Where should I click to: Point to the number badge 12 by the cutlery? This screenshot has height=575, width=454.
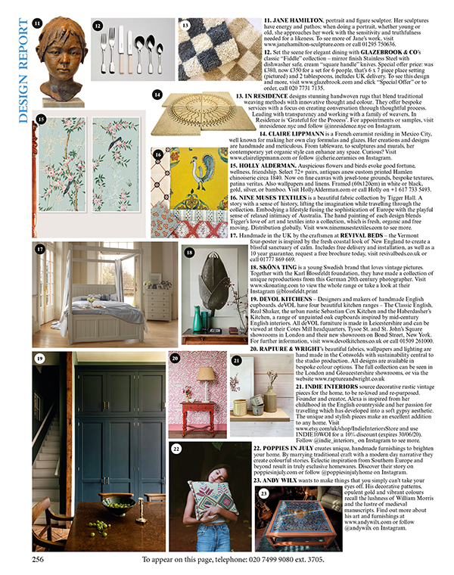(98, 25)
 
